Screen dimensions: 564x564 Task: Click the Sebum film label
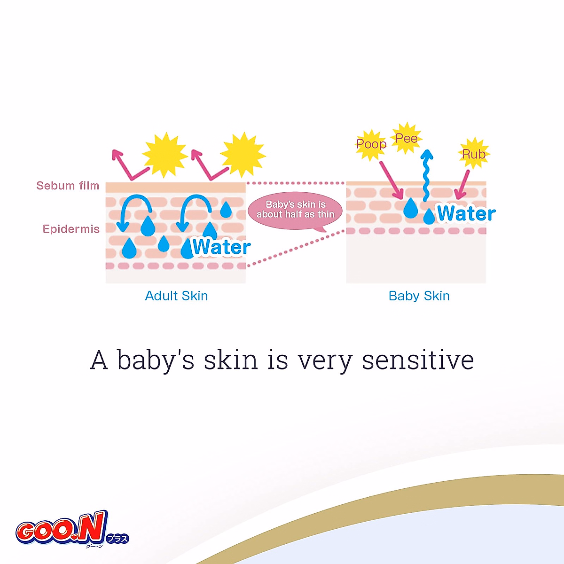[68, 186]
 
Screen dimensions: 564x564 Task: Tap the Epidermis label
[71, 229]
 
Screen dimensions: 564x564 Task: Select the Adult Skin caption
[177, 296]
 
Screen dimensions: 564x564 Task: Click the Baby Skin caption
[419, 296]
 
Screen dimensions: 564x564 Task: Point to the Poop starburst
[371, 144]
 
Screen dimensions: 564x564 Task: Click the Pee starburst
[406, 138]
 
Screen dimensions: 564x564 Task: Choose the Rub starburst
[474, 154]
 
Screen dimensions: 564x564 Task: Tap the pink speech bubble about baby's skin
[295, 210]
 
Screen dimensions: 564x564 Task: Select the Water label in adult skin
[221, 247]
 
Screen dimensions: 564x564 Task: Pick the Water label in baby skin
[466, 213]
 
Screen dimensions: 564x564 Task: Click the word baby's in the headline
[156, 360]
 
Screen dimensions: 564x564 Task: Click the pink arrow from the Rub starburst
[462, 185]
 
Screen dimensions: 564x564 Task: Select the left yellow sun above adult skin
[165, 155]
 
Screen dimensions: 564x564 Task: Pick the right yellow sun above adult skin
[243, 155]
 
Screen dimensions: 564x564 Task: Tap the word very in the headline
[325, 362]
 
